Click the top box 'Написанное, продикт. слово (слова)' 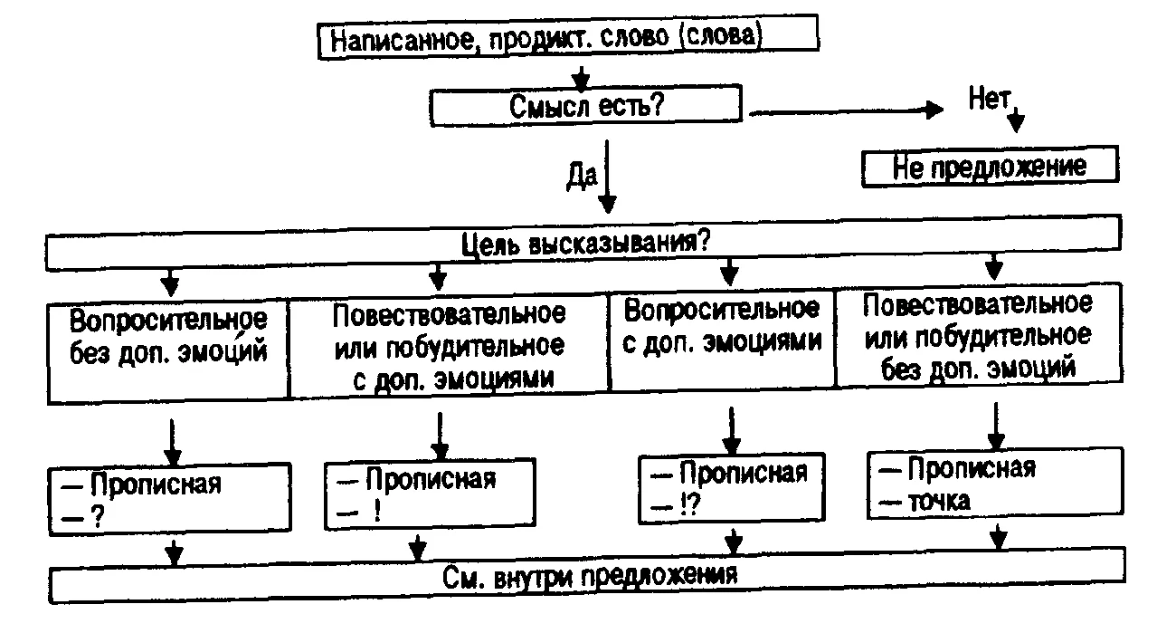point(567,40)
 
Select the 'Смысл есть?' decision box point(587,105)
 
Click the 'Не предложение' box point(990,168)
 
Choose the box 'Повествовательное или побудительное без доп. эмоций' point(977,336)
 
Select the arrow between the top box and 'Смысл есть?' point(583,75)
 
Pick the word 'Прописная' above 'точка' point(972,469)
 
